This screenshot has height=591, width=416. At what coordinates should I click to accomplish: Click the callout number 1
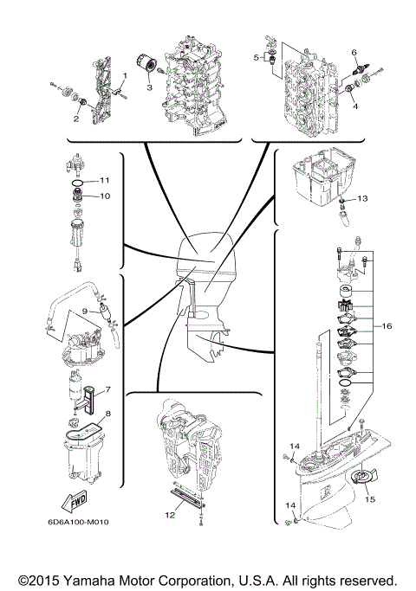pyautogui.click(x=125, y=76)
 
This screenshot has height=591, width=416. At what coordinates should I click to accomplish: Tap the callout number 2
pyautogui.click(x=76, y=119)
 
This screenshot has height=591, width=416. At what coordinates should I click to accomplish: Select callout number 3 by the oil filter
pyautogui.click(x=148, y=87)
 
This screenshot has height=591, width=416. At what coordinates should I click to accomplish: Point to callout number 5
pyautogui.click(x=257, y=57)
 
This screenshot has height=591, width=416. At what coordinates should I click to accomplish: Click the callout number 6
pyautogui.click(x=354, y=53)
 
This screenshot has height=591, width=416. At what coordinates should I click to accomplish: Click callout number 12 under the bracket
pyautogui.click(x=171, y=516)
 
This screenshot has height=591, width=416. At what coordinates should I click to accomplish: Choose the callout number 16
pyautogui.click(x=387, y=326)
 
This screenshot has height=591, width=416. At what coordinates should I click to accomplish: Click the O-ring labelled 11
pyautogui.click(x=76, y=183)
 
